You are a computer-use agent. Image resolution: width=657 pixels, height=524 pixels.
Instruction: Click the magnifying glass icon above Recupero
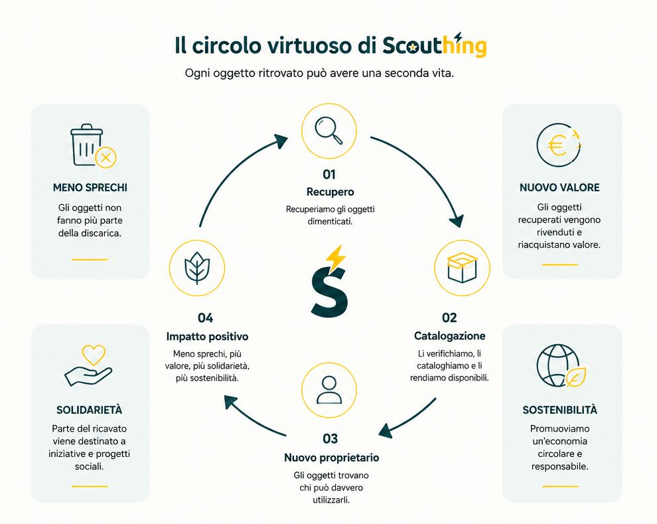pos(329,130)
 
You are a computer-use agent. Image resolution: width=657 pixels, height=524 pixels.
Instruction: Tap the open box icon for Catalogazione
pos(462,268)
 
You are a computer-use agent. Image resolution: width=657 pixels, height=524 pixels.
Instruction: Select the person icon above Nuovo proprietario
pos(329,390)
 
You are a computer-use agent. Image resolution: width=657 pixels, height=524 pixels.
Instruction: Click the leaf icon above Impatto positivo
pos(197,268)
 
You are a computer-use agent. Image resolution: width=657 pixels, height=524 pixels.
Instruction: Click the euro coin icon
pos(559,145)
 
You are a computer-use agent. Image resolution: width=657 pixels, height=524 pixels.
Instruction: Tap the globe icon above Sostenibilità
pos(557,365)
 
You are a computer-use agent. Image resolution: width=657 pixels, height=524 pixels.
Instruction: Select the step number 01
pos(329,174)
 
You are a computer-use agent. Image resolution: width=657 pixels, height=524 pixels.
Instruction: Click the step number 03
pos(330,438)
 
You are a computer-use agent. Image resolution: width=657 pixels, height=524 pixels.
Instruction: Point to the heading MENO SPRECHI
pos(90,187)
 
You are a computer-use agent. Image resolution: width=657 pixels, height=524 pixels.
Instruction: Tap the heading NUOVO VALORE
pos(559,187)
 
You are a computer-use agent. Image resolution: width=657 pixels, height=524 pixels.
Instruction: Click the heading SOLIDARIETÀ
pos(89,410)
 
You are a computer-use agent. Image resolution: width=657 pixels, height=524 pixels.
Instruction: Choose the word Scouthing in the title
pos(435,44)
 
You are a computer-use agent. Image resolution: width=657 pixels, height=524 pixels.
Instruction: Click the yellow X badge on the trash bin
pos(106,157)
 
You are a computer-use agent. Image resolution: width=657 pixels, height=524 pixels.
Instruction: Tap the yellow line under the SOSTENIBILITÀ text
pos(560,486)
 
